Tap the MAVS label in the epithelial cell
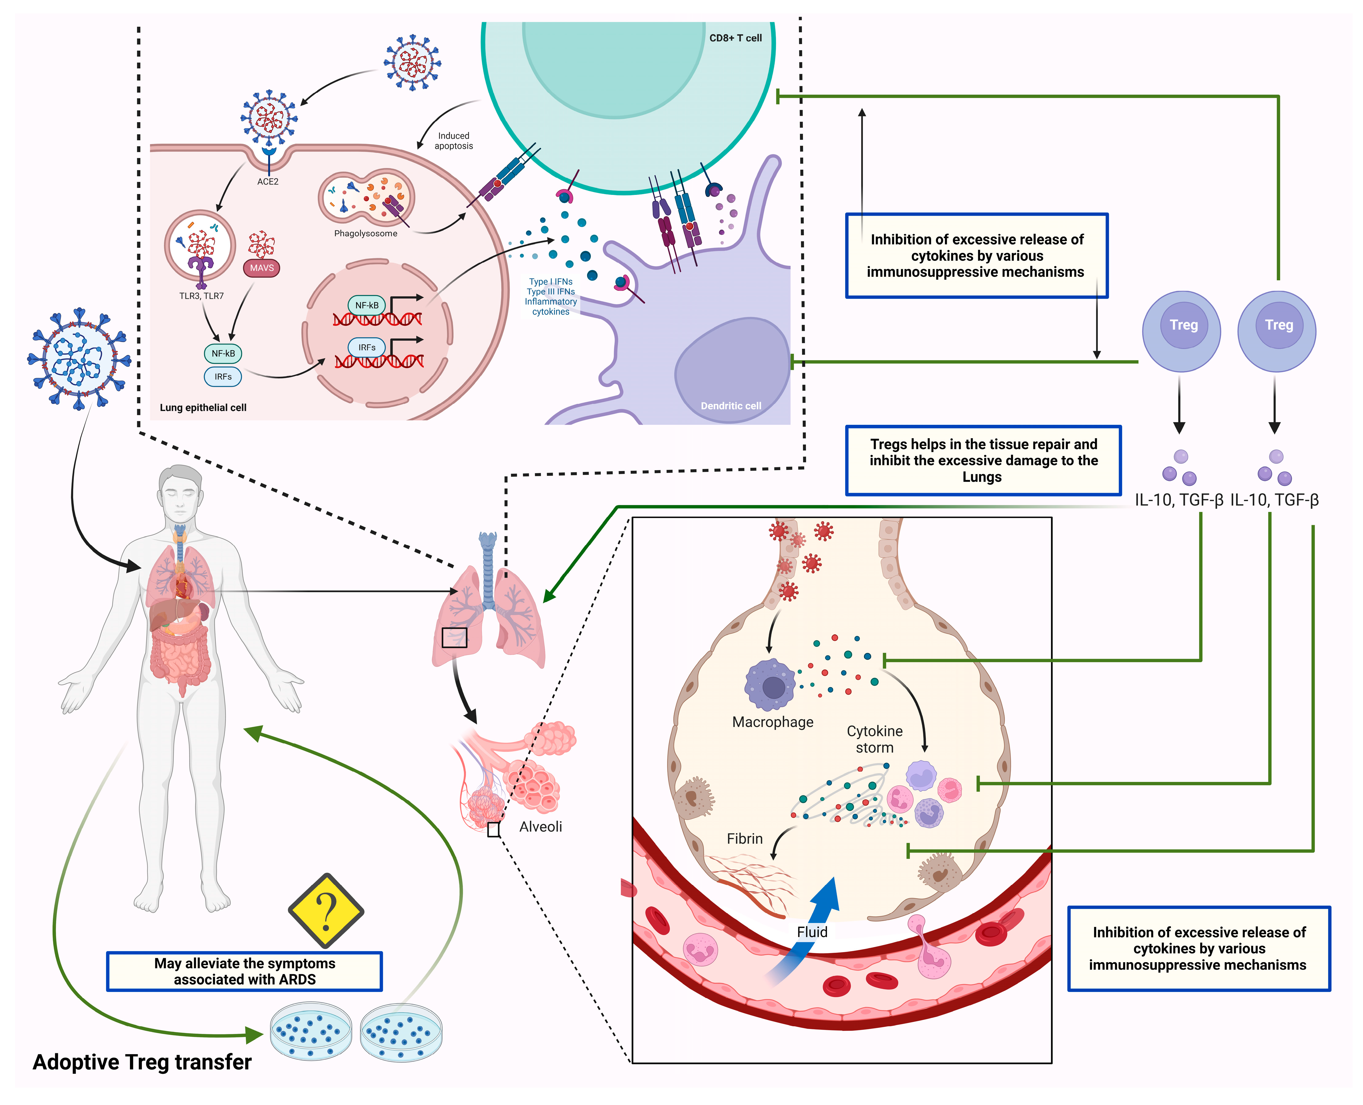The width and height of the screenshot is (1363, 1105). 261,268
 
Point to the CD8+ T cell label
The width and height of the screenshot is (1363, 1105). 735,38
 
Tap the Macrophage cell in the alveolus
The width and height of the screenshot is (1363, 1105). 770,685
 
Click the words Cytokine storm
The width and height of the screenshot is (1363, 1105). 874,739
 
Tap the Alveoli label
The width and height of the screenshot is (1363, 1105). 540,827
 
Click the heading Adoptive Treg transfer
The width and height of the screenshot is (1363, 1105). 142,1062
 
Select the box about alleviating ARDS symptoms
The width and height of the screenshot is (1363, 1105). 244,971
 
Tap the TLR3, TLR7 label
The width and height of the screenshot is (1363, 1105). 201,296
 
